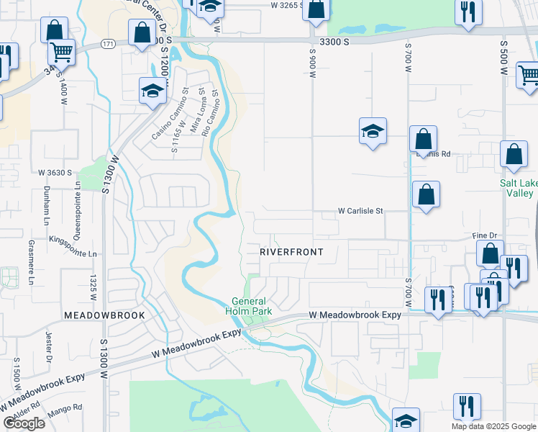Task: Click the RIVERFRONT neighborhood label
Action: coord(291,252)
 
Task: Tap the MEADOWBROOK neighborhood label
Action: coord(104,315)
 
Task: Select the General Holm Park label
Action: coord(250,306)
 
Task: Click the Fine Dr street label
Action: coord(485,235)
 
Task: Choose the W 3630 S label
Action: coord(55,173)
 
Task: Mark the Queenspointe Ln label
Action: coord(77,204)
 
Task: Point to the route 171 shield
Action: coord(108,44)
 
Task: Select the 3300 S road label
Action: coord(334,42)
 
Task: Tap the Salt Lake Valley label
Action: coord(518,188)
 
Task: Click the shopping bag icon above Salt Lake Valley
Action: coord(514,154)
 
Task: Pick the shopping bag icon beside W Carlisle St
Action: coord(427,194)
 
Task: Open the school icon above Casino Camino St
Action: coord(152,91)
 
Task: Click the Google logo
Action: coord(24,423)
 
